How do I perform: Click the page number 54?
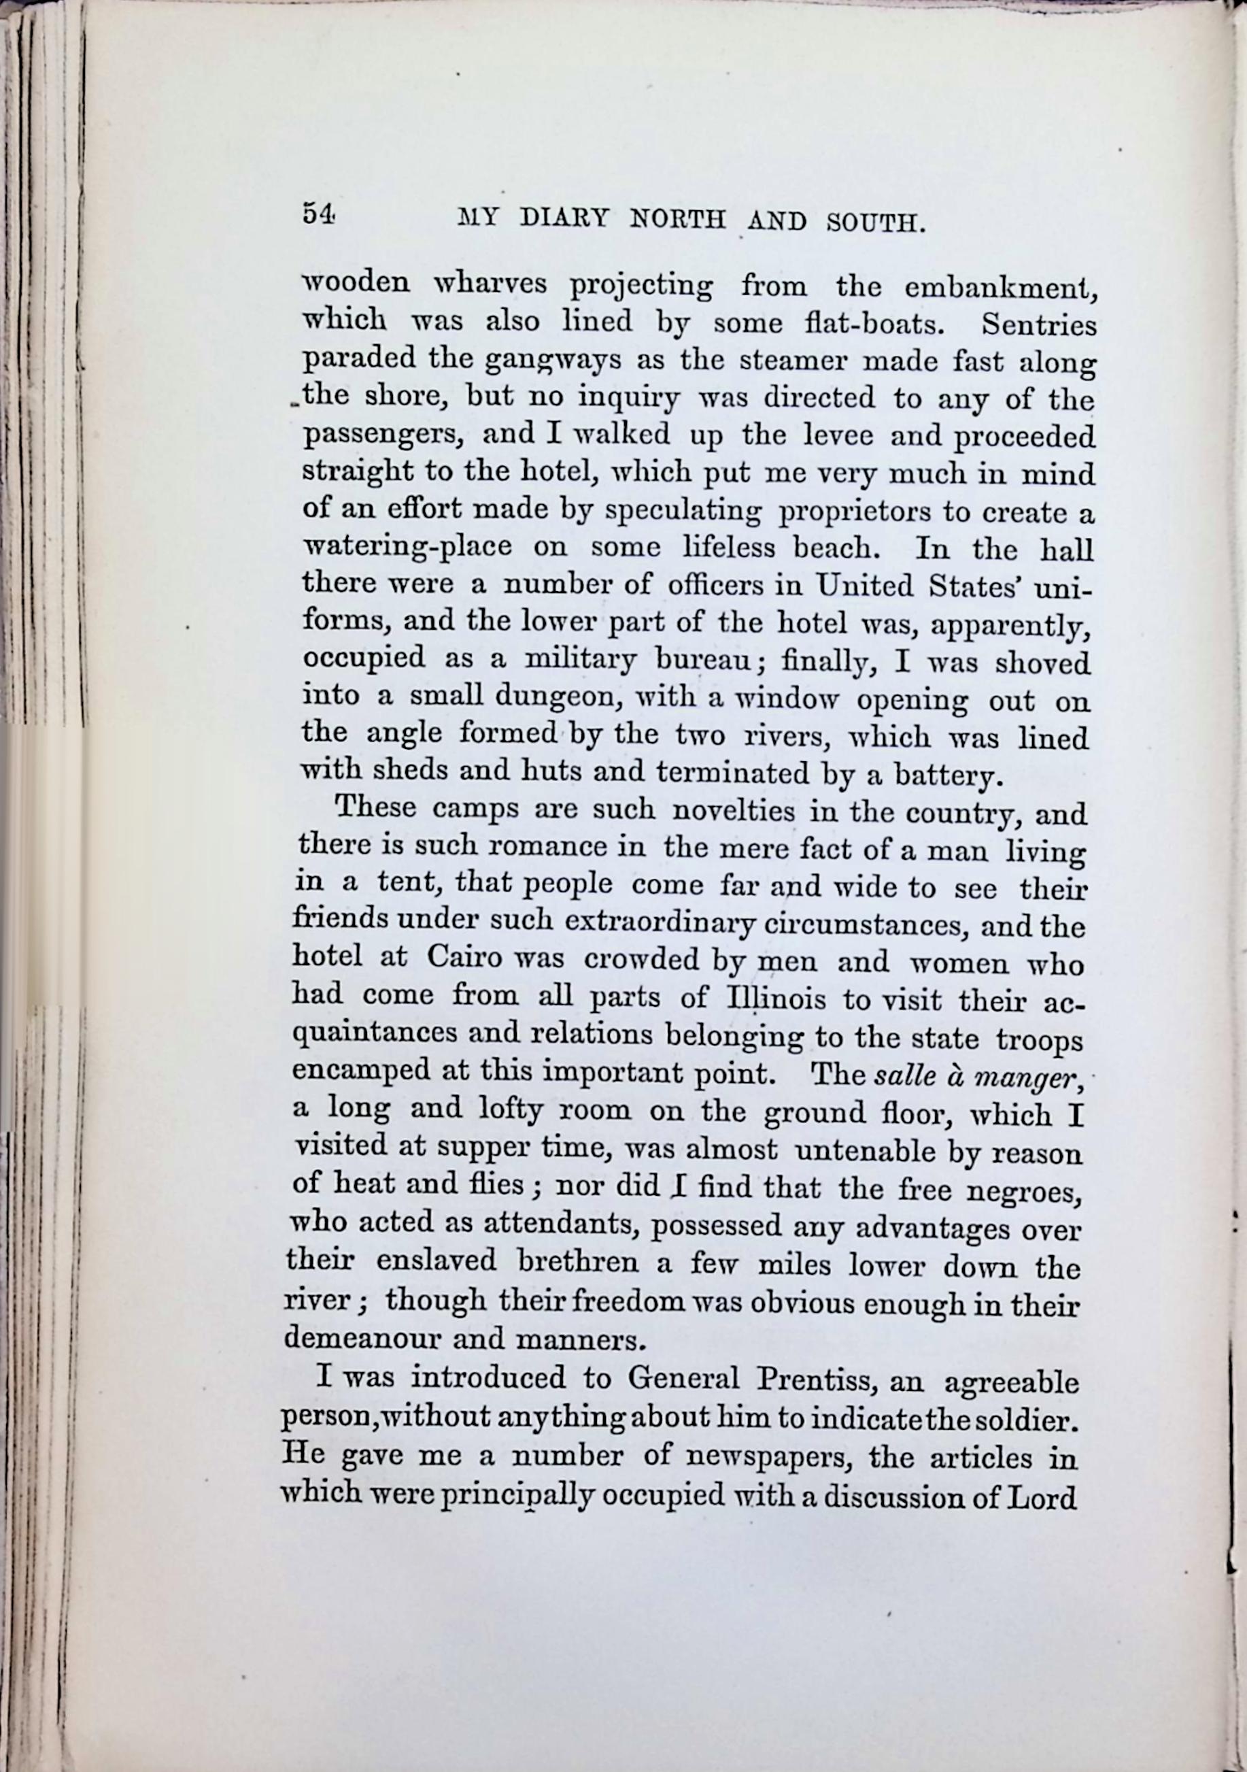(x=318, y=214)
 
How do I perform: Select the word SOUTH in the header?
(x=875, y=222)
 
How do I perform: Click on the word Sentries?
(x=1039, y=325)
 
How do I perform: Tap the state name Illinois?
(x=776, y=999)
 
